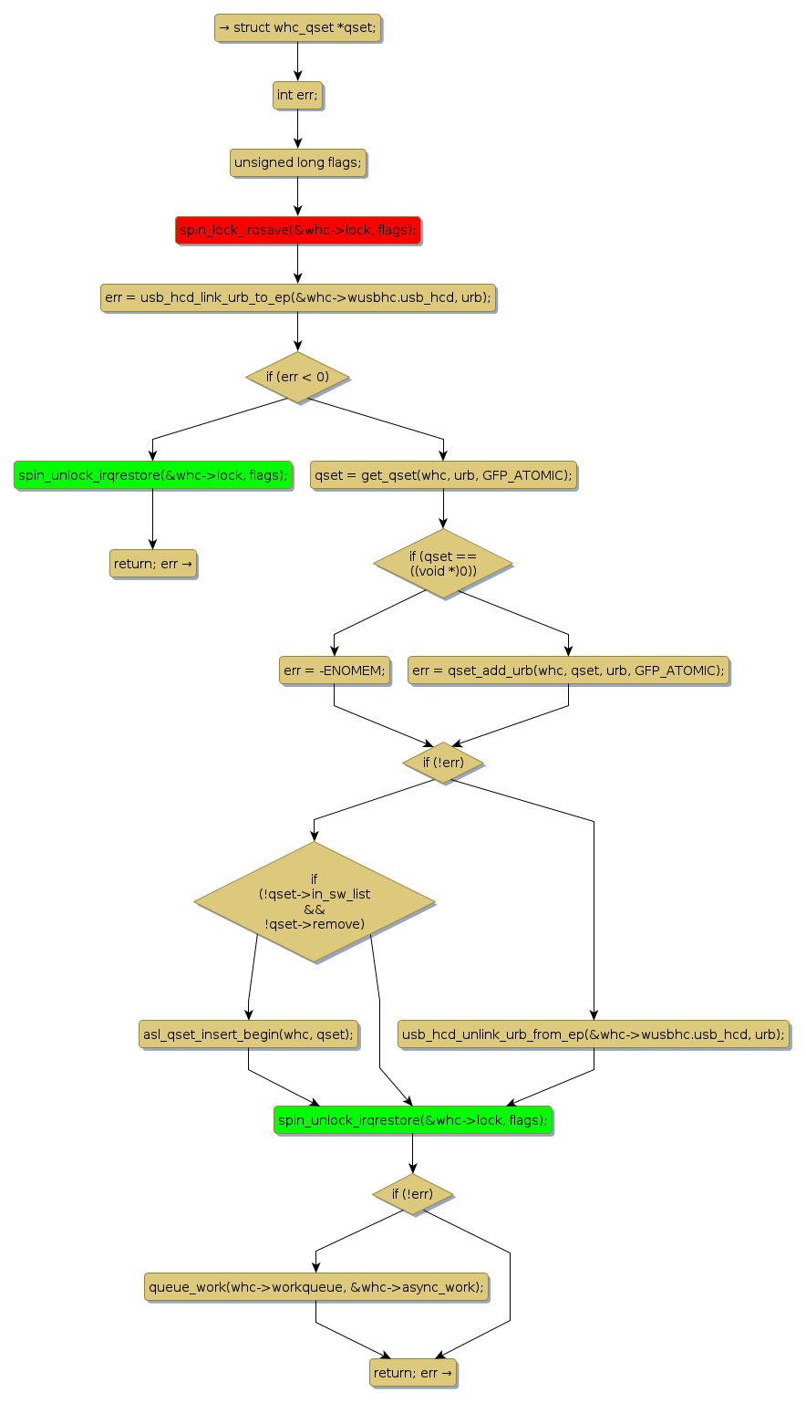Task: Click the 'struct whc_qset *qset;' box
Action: pos(297,27)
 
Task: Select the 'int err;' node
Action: pos(297,95)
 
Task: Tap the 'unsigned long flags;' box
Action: pos(297,162)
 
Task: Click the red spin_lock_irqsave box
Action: pos(297,230)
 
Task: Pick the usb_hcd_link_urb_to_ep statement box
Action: pos(297,297)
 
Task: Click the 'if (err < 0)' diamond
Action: pos(297,376)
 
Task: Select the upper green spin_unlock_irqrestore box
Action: pos(152,474)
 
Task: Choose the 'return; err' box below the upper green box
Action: pos(152,564)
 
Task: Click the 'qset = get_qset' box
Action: pos(443,474)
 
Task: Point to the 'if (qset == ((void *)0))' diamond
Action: pos(443,563)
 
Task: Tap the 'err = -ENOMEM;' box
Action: pos(334,670)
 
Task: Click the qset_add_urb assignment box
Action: pos(568,670)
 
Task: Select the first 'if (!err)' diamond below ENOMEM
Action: pos(443,763)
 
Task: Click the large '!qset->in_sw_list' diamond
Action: pos(315,901)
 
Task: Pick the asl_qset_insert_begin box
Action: pos(248,1034)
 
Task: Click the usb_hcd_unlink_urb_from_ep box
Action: pos(594,1034)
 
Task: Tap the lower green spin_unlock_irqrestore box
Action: pos(412,1119)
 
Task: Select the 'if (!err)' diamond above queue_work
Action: pos(412,1194)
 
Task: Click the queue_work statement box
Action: pos(315,1286)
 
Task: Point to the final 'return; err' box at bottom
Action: pos(412,1372)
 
